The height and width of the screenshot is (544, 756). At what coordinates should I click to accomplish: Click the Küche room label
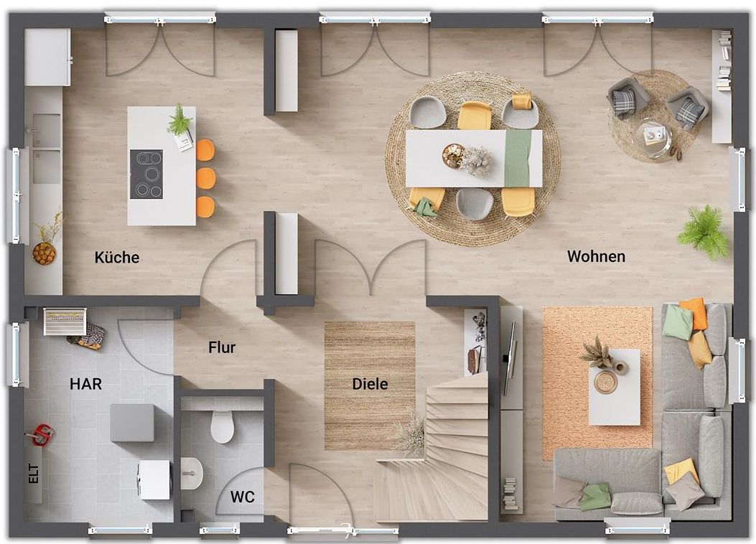click(x=117, y=258)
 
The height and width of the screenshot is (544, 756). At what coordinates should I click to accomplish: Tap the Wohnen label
click(x=596, y=256)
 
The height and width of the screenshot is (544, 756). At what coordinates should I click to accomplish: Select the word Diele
click(x=370, y=384)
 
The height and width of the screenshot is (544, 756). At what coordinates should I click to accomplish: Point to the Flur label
click(x=222, y=347)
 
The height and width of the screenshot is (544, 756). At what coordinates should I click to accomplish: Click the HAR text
click(x=86, y=384)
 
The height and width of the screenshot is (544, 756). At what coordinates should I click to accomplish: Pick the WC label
click(x=242, y=497)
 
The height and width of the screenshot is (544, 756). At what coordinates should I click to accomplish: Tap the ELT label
click(x=33, y=473)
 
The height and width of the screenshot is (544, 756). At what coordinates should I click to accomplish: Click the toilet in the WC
click(x=223, y=426)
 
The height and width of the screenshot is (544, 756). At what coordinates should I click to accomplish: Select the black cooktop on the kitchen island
click(x=146, y=174)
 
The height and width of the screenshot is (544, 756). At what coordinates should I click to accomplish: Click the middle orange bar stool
click(x=206, y=178)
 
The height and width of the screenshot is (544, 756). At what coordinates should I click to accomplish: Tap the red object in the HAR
click(x=42, y=433)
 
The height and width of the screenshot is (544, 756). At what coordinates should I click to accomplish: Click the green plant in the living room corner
click(x=703, y=232)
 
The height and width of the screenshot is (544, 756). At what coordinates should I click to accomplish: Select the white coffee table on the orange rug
click(x=615, y=387)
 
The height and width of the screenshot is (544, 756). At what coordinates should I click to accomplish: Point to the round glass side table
click(x=653, y=136)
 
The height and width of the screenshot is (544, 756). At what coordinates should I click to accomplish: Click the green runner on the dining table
click(x=518, y=158)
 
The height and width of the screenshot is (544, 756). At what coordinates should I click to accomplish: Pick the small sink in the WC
click(x=192, y=473)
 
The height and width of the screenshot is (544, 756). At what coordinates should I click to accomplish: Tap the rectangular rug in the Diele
click(x=369, y=386)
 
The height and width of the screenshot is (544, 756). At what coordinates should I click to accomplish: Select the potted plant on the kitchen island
click(x=179, y=120)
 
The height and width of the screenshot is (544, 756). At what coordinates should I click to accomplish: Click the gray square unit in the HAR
click(x=133, y=423)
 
